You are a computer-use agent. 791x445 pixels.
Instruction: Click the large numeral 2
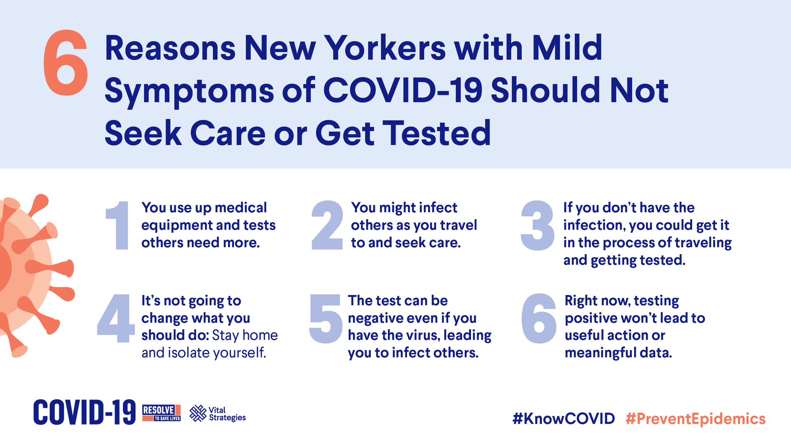tap(327, 225)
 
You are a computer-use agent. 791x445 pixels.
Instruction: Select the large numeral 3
tap(537, 225)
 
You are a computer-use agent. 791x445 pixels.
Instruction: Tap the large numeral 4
tap(116, 318)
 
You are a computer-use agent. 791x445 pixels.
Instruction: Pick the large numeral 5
tap(325, 319)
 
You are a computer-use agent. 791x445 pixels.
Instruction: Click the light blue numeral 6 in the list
tap(539, 319)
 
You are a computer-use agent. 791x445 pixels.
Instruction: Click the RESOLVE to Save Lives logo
tap(161, 413)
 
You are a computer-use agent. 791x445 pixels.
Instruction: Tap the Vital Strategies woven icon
tap(198, 413)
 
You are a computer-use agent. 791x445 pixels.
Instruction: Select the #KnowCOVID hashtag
tap(564, 419)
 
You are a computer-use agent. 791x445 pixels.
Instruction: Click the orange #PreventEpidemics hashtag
tap(695, 419)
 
